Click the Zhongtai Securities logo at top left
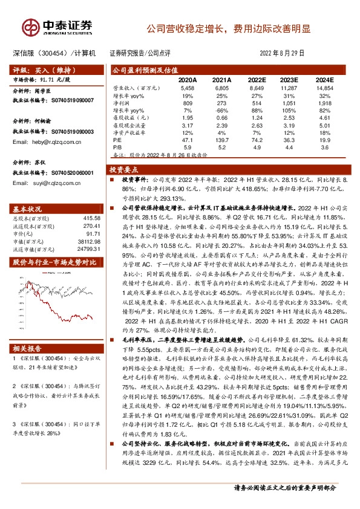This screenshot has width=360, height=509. (58, 27)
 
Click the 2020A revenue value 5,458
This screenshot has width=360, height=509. (188, 88)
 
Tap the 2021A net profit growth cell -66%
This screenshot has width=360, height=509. (222, 111)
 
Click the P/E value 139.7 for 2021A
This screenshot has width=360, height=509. (222, 138)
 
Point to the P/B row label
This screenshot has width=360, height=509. (118, 146)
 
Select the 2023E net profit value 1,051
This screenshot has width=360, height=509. (290, 103)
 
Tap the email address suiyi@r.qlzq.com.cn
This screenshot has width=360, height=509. (59, 183)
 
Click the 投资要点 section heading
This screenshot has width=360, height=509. (128, 170)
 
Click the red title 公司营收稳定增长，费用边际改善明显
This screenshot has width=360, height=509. (230, 28)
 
